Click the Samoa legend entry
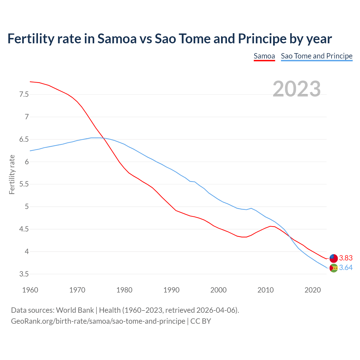[x=264, y=56]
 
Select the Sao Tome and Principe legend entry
[x=317, y=56]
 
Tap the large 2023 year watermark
[x=297, y=89]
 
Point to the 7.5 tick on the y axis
[x=24, y=94]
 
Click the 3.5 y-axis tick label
[x=24, y=274]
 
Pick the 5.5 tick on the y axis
[x=24, y=184]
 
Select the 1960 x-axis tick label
[x=30, y=290]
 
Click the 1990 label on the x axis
[x=171, y=290]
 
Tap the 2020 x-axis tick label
[x=312, y=290]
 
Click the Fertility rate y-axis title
[x=12, y=174]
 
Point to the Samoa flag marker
[x=334, y=258]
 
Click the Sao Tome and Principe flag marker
[x=334, y=268]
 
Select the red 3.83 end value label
[x=346, y=258]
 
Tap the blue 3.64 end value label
[x=346, y=267]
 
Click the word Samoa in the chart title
[x=117, y=39]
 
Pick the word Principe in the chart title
[x=262, y=39]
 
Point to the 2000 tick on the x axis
[x=218, y=290]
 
